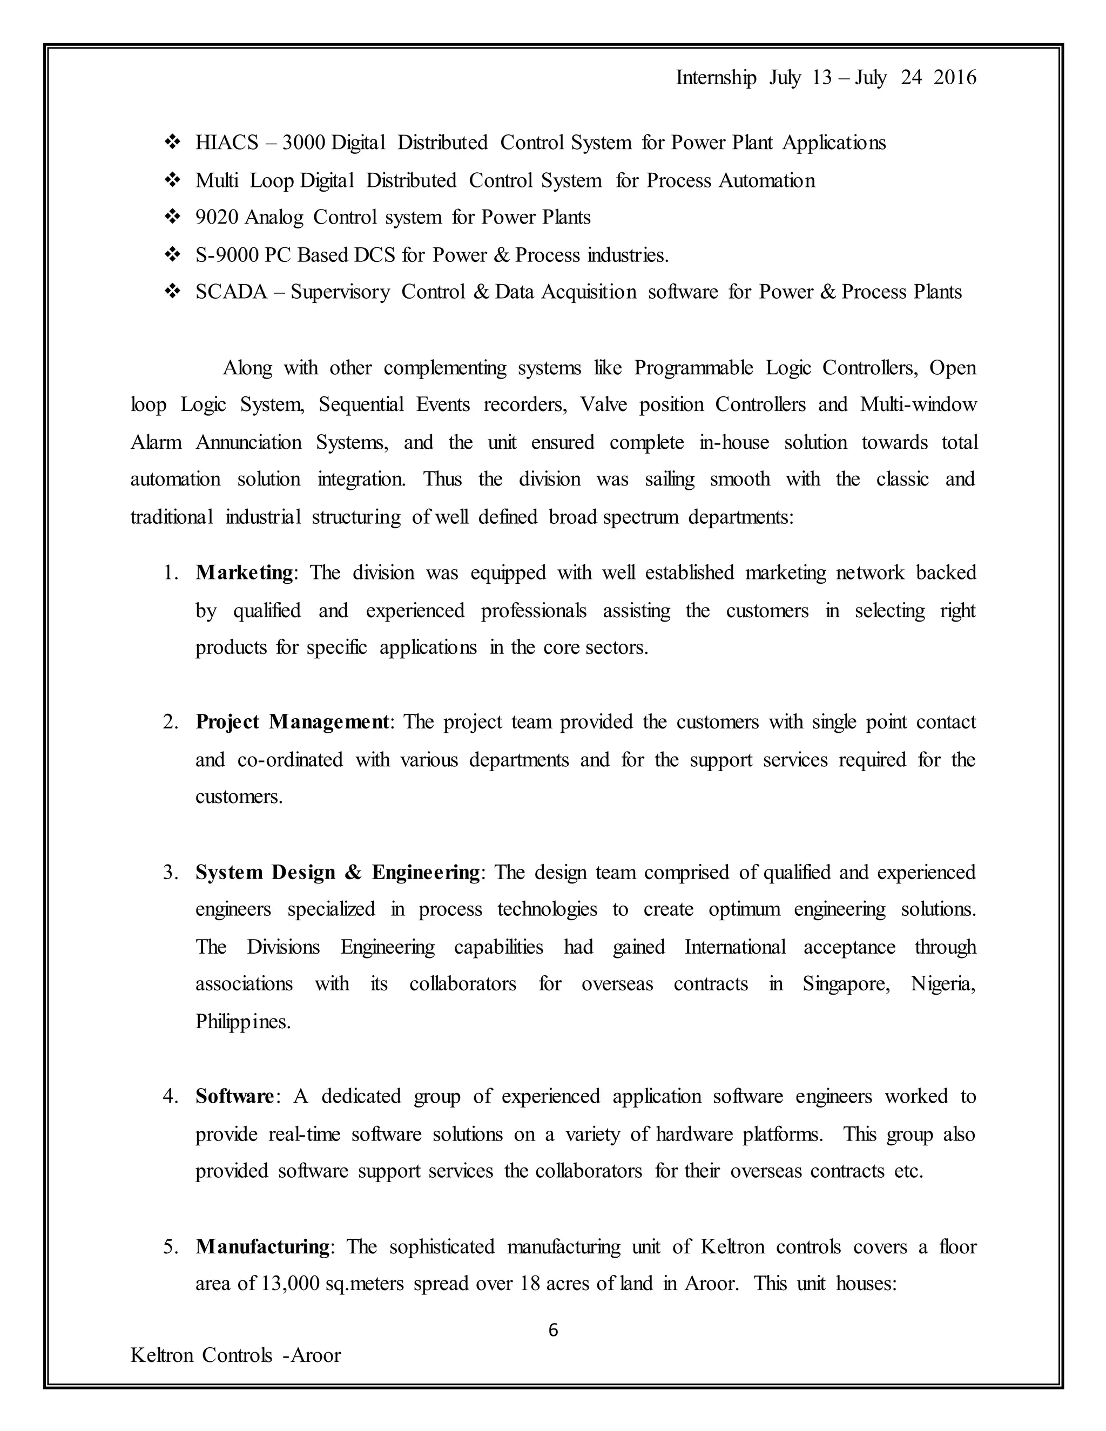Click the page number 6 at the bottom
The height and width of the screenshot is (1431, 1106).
(x=553, y=1329)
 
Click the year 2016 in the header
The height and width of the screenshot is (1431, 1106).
(x=955, y=78)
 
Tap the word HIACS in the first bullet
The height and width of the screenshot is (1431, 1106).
(x=227, y=143)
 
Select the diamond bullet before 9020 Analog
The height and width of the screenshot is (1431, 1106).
(x=173, y=217)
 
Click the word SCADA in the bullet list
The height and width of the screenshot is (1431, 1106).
(x=231, y=292)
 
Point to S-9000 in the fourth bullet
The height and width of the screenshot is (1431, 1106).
(x=227, y=255)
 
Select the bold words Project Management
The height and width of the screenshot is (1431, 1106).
(x=292, y=722)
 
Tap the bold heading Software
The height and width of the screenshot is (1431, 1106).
(x=234, y=1096)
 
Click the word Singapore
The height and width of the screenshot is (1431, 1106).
(x=845, y=984)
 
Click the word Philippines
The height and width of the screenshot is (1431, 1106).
(x=242, y=1022)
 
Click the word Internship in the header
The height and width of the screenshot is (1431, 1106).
(x=716, y=78)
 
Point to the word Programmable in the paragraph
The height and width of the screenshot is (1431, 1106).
(x=693, y=368)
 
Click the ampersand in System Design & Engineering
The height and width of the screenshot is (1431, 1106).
(x=353, y=873)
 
